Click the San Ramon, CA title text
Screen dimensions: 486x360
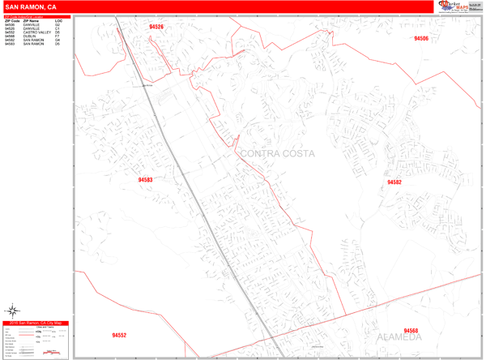pos(30,6)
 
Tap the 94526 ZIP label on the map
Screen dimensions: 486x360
pos(156,27)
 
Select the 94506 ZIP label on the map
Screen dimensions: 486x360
pos(420,38)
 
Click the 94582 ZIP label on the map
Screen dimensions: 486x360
pos(394,182)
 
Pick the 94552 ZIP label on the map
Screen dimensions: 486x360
pos(119,335)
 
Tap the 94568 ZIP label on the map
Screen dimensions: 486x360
pos(411,331)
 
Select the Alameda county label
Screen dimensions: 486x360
pos(399,336)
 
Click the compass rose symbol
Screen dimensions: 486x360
pos(13,310)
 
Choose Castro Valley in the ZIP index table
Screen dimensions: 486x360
pos(36,32)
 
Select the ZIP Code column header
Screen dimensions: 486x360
pos(12,20)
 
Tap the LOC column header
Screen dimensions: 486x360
pos(58,20)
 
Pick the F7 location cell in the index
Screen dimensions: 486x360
pos(58,36)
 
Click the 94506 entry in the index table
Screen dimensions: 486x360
pos(10,24)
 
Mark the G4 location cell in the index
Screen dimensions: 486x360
pos(58,41)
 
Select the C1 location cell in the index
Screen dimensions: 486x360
pos(58,28)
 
